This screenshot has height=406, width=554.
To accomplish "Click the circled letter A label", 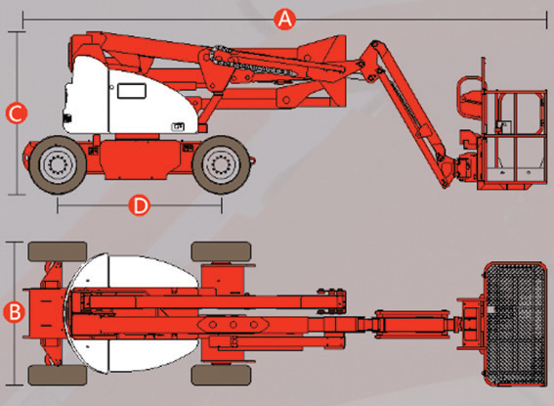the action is [284, 20].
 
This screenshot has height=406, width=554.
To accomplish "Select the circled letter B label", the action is [14, 312].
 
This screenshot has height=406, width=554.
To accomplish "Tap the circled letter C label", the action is [17, 113].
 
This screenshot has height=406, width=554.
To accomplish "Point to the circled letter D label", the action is [140, 205].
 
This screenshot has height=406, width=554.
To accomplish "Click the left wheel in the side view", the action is [58, 164].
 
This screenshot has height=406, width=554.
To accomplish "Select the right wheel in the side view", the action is [222, 164].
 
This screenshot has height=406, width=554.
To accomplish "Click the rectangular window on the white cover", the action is [132, 91].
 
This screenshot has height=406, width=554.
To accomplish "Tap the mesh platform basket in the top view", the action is [515, 324].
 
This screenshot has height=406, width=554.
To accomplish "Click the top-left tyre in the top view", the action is [58, 251].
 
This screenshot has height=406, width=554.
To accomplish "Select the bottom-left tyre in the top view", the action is [58, 375].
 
